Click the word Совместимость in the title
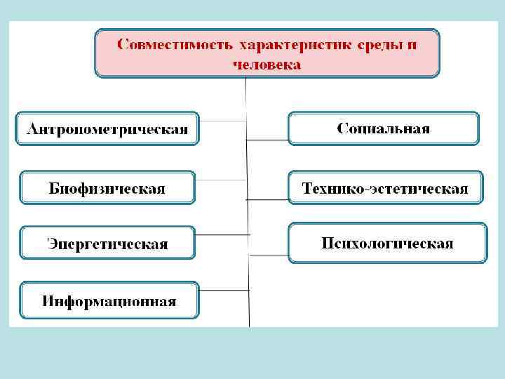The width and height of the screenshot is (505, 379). pos(174,45)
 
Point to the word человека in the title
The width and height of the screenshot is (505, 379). pos(267,65)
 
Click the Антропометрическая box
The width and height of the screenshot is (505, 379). pos(107,129)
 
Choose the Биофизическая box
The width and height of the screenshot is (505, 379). pos(107,188)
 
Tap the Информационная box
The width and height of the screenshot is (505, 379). pos(109,301)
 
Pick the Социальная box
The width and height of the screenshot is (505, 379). pos(384,128)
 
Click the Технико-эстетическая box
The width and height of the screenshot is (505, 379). pos(385,187)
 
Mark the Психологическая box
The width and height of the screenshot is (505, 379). pos(387,244)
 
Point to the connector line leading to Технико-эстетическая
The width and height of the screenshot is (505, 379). pos(267,199)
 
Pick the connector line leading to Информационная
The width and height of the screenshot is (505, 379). pos(224,288)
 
